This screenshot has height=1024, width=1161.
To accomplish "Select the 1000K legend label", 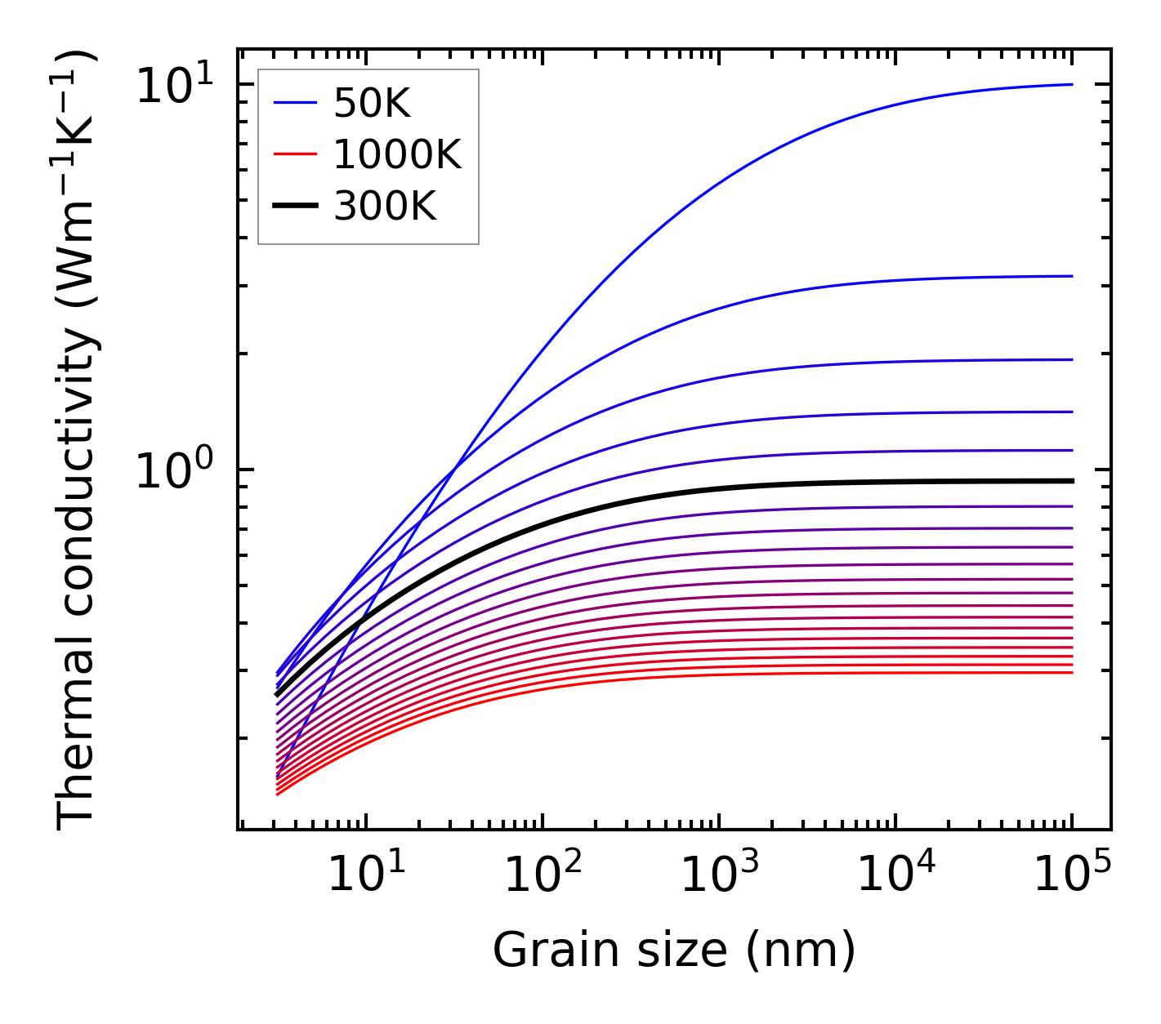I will pyautogui.click(x=397, y=154).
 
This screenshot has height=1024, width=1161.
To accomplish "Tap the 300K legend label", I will pyautogui.click(x=385, y=207).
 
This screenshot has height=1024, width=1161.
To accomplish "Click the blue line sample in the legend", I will pyautogui.click(x=294, y=103).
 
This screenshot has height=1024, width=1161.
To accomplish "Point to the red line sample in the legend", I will pyautogui.click(x=294, y=154).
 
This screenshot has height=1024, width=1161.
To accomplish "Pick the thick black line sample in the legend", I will pyautogui.click(x=294, y=207).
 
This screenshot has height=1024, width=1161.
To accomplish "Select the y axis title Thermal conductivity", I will pyautogui.click(x=78, y=439).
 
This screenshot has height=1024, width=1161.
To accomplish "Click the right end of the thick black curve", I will pyautogui.click(x=1071, y=481).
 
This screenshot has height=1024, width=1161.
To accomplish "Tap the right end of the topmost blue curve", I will pyautogui.click(x=1071, y=84).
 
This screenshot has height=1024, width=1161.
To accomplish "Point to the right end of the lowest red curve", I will pyautogui.click(x=1071, y=672).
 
